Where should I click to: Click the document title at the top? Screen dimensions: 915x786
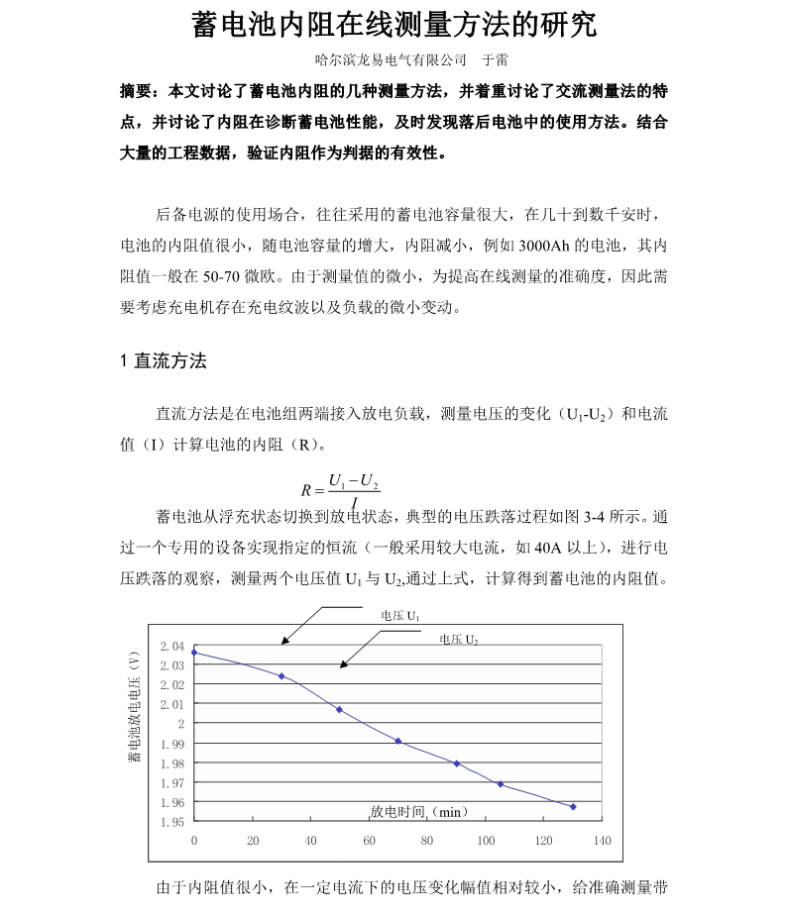point(393,24)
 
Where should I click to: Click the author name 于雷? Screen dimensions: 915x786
point(495,60)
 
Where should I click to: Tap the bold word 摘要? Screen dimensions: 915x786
point(137,92)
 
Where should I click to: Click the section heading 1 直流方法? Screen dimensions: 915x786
point(163,361)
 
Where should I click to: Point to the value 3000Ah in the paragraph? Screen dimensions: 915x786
point(543,246)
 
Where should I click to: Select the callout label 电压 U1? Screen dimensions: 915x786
point(400,615)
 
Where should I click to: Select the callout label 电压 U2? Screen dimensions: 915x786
point(459,640)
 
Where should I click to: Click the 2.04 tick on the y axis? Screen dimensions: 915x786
point(172,646)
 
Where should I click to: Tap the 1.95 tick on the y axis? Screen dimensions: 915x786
point(172,822)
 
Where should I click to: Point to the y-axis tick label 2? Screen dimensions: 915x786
point(180,724)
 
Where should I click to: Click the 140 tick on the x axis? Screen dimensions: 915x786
point(602,841)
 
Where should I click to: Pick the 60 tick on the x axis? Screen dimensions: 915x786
point(369,841)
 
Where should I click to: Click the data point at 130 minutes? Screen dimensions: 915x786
point(573,807)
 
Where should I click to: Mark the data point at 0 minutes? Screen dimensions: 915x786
point(194,653)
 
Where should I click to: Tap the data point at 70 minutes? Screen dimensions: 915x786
point(398,741)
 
